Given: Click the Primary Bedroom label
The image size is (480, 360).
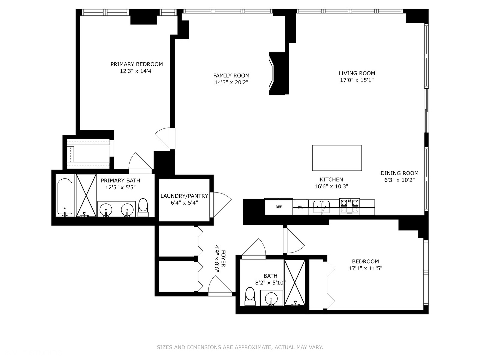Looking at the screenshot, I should tap(137, 64).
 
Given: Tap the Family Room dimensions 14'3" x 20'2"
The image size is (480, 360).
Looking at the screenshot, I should tap(231, 82).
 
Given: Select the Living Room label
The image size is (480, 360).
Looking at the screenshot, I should tap(357, 73).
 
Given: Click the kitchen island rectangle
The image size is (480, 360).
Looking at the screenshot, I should tap(337, 158).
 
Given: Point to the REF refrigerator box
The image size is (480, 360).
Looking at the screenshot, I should tap(279, 207).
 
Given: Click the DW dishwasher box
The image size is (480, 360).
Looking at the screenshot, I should tap(301, 207).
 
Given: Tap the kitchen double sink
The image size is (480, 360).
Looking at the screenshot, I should tap(321, 207).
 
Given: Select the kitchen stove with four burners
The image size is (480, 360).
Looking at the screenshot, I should tap(349, 206).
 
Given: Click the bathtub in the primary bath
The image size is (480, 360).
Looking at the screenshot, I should tap(65, 197).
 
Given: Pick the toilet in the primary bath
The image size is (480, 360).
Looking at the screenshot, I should tap(143, 207).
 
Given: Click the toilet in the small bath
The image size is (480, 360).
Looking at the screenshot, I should tap(250, 296).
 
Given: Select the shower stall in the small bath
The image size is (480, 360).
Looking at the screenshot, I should tap(294, 282).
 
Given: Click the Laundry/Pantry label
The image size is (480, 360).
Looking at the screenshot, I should tap(184, 196).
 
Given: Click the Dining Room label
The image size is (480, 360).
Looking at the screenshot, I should tap(399, 173).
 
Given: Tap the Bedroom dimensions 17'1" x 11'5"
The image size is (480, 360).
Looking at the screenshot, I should tap(365, 268).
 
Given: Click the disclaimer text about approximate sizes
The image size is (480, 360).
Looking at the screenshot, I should tap(240, 347).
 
